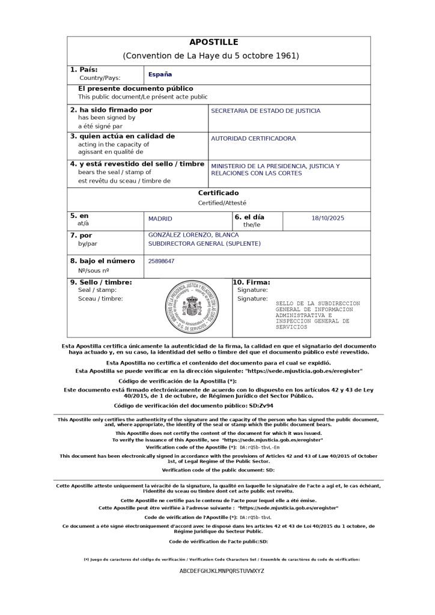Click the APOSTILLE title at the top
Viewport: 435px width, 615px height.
click(x=214, y=42)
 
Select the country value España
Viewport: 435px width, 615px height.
click(x=160, y=74)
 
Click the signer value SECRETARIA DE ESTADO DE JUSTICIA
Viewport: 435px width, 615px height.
click(x=266, y=111)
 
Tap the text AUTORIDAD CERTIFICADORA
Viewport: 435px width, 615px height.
click(x=253, y=139)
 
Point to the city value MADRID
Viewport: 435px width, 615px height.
click(x=160, y=219)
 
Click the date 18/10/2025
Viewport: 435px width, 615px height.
click(x=327, y=219)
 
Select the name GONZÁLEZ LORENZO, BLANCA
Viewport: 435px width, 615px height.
click(x=189, y=234)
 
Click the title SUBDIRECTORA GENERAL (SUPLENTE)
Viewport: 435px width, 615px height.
click(x=204, y=244)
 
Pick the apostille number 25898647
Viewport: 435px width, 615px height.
click(x=162, y=261)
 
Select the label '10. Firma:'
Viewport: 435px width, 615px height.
click(x=252, y=282)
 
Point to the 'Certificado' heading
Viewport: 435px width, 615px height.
click(x=218, y=193)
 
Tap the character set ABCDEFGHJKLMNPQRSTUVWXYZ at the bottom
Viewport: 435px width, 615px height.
click(x=222, y=571)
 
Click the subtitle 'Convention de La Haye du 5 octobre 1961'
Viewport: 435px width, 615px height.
click(x=210, y=56)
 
